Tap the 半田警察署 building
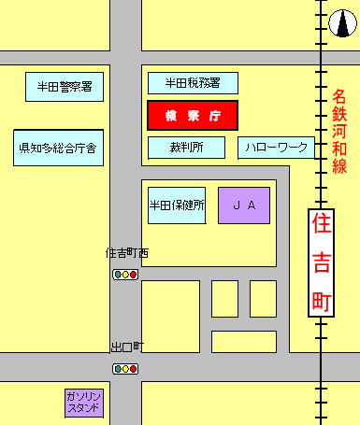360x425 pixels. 65,87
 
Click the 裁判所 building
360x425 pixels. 187,148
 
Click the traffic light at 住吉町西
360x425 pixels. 125,275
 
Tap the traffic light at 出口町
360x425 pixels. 125,369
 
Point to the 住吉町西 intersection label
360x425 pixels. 127,253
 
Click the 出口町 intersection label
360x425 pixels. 126,347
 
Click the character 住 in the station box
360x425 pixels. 321,224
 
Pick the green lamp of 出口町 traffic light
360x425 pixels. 118,369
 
